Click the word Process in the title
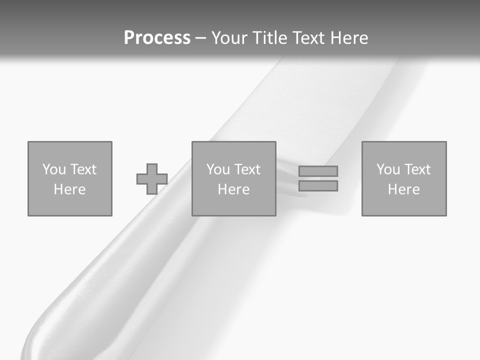pos(157,38)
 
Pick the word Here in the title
pos(350,38)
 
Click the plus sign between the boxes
pos(152,179)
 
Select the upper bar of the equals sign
pos(318,171)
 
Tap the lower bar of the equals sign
pos(318,185)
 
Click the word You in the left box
pos(53,169)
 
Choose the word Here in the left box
pos(69,189)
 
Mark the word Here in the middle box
pos(233,189)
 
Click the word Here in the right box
pos(403,189)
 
